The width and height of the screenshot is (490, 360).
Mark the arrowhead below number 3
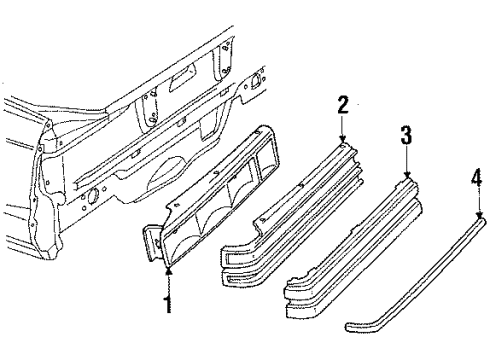[406, 177]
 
